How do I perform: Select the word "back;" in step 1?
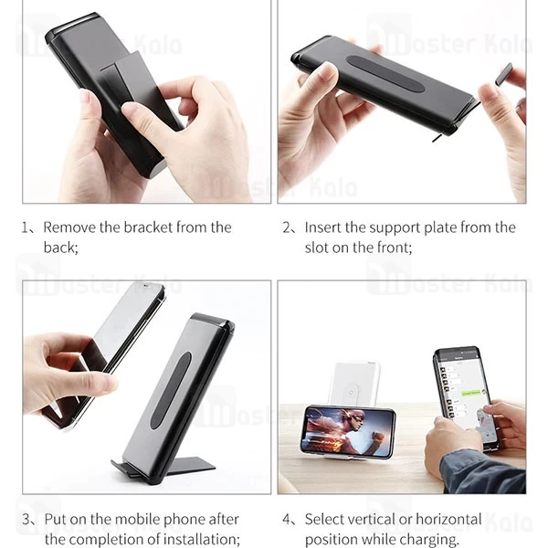click(61, 248)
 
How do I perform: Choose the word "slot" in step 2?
click(316, 248)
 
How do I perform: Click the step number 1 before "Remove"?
click(26, 227)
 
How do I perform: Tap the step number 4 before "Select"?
click(287, 520)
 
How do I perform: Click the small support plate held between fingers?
click(503, 74)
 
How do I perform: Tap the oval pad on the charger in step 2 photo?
click(384, 74)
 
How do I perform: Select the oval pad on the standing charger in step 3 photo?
click(172, 390)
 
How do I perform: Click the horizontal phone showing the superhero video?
click(348, 432)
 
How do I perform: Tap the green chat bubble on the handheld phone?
click(470, 393)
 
